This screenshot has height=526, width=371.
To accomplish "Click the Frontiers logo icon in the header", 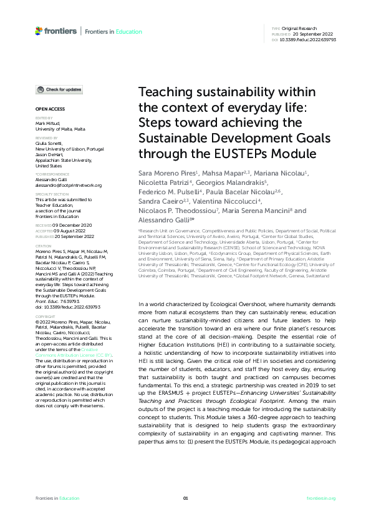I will click(39, 30).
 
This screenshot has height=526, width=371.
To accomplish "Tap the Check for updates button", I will click(59, 90).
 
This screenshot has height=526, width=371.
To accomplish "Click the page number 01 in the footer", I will click(185, 498).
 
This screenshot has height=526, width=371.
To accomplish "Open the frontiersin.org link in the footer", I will click(322, 498).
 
